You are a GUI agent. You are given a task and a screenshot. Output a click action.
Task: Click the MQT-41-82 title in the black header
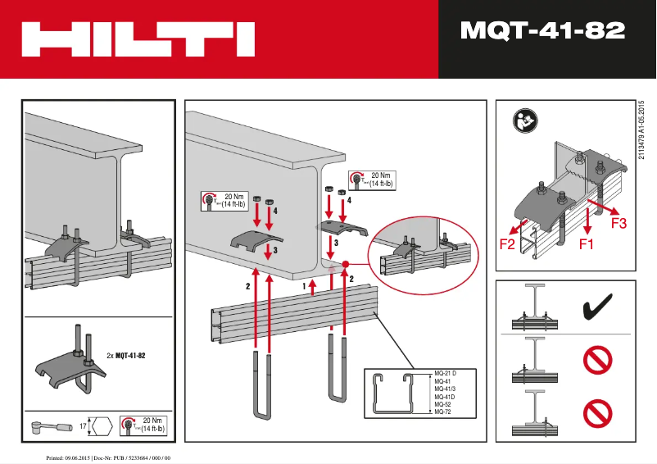pos(542,31)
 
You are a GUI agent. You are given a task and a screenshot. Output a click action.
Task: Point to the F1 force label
pos(587,243)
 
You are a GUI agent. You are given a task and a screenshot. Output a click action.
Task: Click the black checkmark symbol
pos(598,309)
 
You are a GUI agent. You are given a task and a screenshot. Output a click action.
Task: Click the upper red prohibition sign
pos(598,360)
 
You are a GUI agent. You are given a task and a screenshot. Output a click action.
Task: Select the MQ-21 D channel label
pos(446,375)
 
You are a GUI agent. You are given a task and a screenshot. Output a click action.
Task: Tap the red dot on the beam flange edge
pos(347,264)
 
